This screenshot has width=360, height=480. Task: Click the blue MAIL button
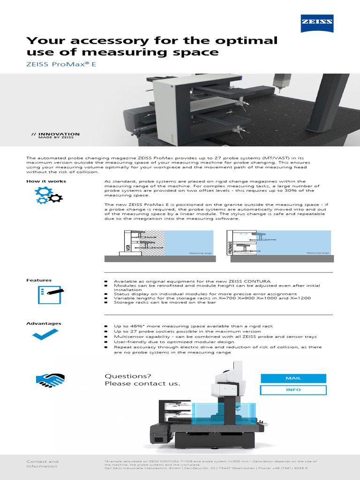293,378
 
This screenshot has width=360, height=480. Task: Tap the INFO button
293,390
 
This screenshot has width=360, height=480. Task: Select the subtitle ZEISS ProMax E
61,64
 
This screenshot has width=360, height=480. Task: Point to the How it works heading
46,181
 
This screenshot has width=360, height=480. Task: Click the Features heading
39,280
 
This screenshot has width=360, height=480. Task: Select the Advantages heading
44,323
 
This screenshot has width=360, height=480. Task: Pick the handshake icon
50,379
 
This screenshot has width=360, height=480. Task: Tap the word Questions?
128,376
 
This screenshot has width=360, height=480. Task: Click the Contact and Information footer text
42,464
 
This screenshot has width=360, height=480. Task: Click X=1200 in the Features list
300,298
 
